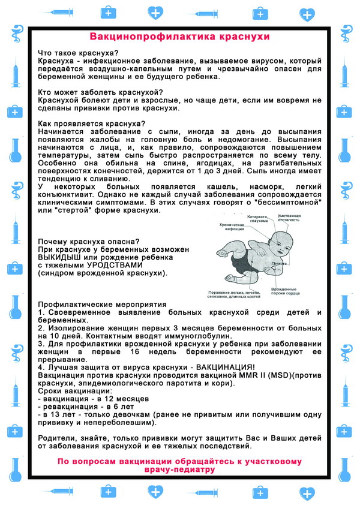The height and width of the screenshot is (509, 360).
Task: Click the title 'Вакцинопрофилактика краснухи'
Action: pos(180,36)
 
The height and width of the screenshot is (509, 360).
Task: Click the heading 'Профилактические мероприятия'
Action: pos(101,305)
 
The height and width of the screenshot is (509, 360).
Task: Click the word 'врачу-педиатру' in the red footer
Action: pos(179,470)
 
